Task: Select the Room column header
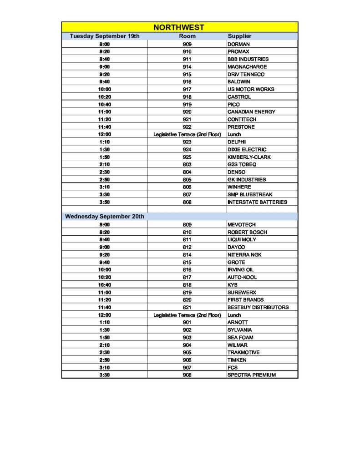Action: tap(187, 36)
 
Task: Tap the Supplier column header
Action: tap(239, 36)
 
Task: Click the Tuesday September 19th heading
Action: tap(105, 36)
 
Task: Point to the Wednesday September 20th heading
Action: tap(105, 217)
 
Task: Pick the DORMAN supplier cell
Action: tap(238, 44)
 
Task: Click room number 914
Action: tap(187, 67)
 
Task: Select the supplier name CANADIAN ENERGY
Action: tap(251, 112)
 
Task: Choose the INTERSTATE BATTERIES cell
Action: tap(257, 202)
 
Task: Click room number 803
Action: tap(187, 164)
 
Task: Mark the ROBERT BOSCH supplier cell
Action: tap(247, 232)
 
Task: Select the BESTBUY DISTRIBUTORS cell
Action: tap(258, 307)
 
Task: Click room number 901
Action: tap(187, 322)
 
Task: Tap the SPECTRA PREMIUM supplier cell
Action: tap(252, 375)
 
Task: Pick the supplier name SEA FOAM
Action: tap(240, 337)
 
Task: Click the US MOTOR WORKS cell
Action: tap(251, 89)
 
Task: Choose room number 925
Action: tap(187, 157)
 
